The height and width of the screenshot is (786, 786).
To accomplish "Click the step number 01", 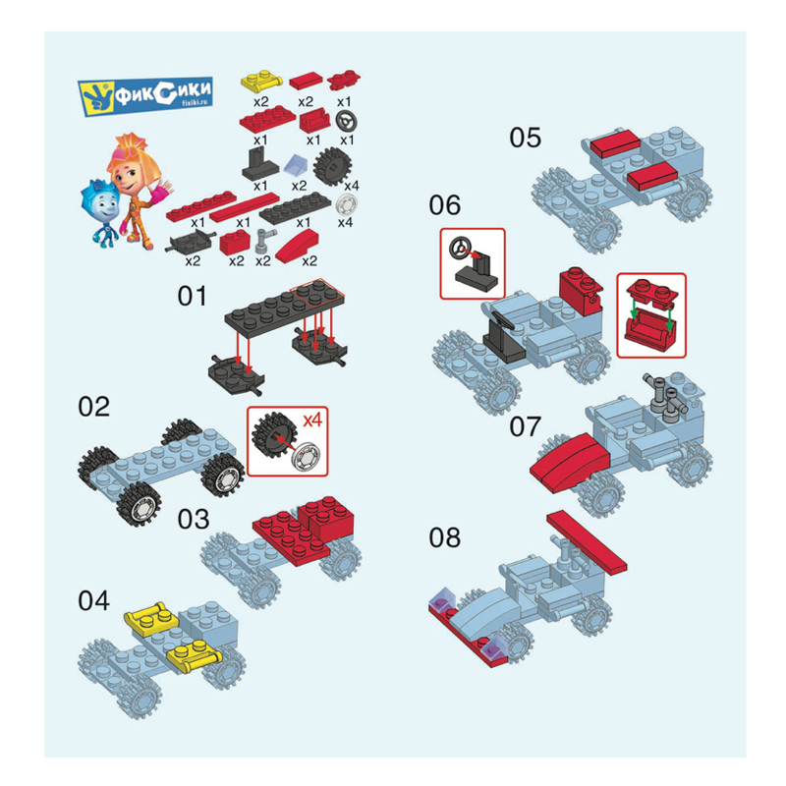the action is point(192,297).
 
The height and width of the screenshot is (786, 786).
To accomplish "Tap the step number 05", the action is point(526,138).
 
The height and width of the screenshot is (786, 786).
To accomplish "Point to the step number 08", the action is point(445,537).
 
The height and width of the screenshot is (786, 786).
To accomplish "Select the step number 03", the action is point(194,520).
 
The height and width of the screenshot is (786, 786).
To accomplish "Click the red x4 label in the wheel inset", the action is point(312,420).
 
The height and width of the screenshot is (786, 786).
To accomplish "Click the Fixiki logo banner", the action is point(145,96).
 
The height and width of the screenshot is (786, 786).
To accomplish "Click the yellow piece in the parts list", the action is point(261,82).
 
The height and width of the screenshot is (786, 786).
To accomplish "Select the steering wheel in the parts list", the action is point(347,121).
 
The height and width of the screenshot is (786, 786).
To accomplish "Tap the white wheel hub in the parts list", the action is point(347,204).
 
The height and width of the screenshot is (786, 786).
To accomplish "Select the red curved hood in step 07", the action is point(571,462).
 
